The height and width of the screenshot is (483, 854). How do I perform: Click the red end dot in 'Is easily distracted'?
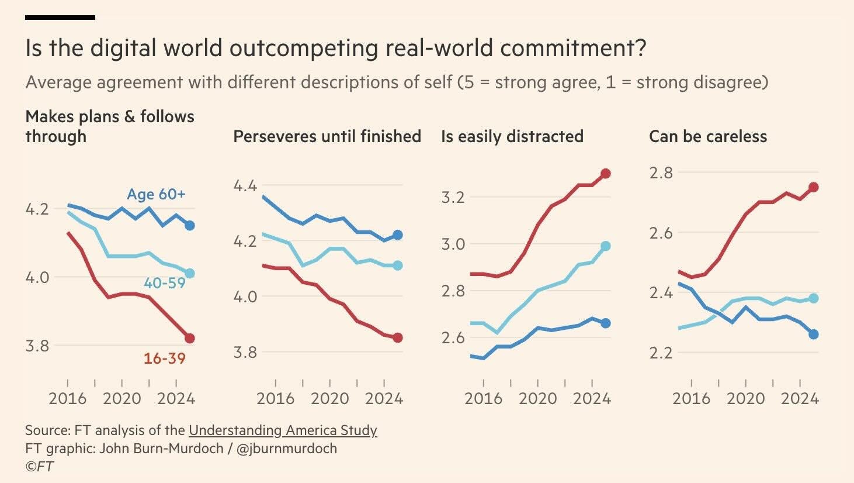[x=605, y=174]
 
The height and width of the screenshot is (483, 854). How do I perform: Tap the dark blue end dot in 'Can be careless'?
[x=813, y=334]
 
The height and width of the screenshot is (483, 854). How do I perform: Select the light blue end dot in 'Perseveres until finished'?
[x=398, y=265]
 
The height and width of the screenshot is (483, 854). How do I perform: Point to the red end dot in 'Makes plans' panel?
[x=189, y=338]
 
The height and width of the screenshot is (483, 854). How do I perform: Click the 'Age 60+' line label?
[x=157, y=194]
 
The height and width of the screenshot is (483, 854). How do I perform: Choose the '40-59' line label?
[x=165, y=282]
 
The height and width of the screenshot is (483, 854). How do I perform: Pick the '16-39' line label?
[x=165, y=358]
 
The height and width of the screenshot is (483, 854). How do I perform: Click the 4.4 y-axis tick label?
[x=245, y=186]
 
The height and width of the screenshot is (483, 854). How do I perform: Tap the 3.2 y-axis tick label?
[x=453, y=197]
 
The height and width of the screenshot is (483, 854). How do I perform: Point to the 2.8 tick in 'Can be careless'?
[x=661, y=173]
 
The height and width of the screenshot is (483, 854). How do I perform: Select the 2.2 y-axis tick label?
[x=661, y=353]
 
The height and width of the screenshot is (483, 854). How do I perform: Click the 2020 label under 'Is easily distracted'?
[x=537, y=399]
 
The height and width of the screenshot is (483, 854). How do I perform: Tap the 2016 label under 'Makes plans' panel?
[x=68, y=399]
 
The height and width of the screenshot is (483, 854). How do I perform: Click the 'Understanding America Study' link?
[x=283, y=430]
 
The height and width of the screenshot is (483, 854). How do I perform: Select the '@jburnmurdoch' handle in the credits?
[x=287, y=448]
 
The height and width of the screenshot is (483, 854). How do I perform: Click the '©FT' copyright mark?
[x=39, y=466]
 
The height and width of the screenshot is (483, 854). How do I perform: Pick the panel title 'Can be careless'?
[x=708, y=136]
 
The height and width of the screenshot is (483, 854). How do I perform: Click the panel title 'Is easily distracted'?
[x=512, y=137]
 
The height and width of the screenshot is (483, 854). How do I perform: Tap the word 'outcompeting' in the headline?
[x=304, y=48]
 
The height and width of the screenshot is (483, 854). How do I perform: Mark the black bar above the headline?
[x=60, y=18]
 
